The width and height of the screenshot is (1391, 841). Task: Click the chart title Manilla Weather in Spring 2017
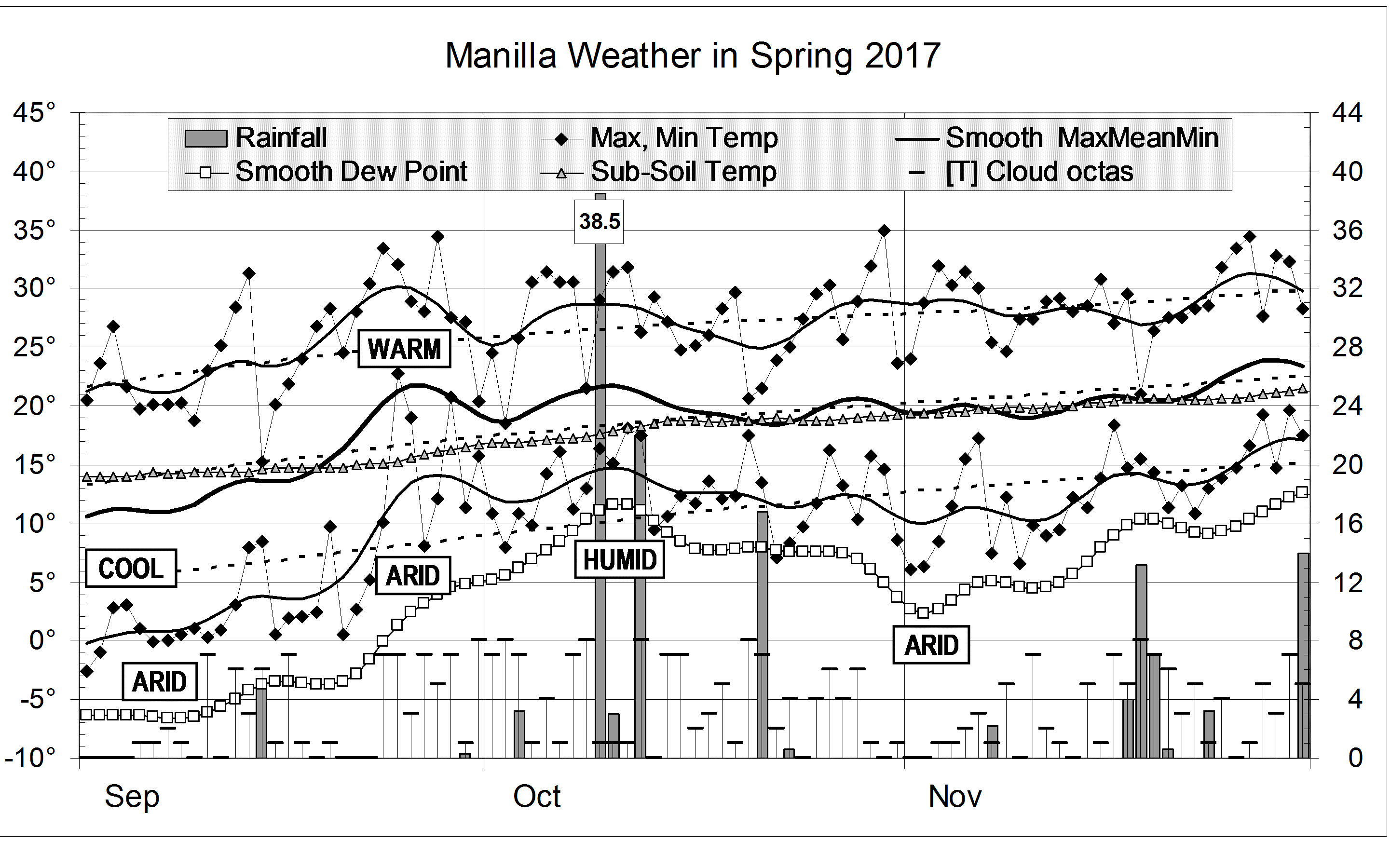click(x=692, y=56)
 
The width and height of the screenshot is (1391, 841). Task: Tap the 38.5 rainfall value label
click(x=599, y=221)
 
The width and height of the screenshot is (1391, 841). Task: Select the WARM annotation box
click(x=404, y=349)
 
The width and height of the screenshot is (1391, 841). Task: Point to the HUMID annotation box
click(x=619, y=560)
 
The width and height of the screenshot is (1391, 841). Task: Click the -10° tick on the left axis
click(x=30, y=758)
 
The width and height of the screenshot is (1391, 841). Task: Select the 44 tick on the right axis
click(x=1347, y=113)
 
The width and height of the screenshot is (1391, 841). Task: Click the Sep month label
click(x=132, y=797)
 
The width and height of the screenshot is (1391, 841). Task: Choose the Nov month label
click(x=955, y=797)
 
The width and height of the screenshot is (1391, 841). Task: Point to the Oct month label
click(x=536, y=797)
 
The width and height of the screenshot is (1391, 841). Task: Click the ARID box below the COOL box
click(x=159, y=682)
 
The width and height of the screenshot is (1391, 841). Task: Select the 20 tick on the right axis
click(x=1347, y=465)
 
